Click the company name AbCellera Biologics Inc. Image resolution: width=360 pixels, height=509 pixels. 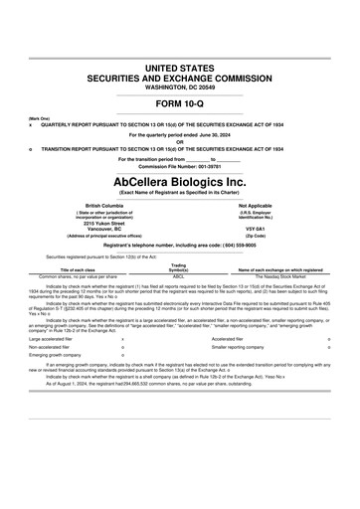[x=179, y=182]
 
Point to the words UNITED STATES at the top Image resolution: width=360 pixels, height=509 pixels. [x=179, y=66]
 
